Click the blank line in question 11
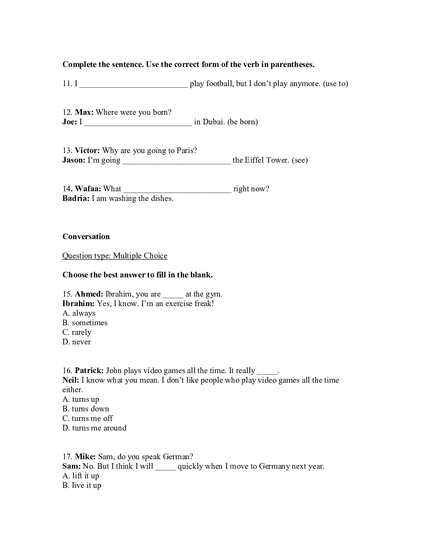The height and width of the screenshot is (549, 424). point(133,84)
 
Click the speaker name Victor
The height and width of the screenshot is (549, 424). point(87,151)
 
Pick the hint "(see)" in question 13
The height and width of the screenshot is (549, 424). point(300,160)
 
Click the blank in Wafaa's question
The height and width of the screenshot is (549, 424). point(177,190)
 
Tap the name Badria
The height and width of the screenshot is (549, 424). point(76,198)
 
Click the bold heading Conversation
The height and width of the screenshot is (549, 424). point(86,237)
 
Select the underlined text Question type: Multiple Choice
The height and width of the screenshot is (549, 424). point(115,256)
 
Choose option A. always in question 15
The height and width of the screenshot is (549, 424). point(79,313)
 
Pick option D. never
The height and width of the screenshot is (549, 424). point(76,342)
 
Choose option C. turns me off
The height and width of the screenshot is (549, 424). point(88,418)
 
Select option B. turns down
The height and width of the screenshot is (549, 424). point(86,409)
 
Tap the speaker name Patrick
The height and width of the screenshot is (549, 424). point(89,371)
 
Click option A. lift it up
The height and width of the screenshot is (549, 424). point(81,476)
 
